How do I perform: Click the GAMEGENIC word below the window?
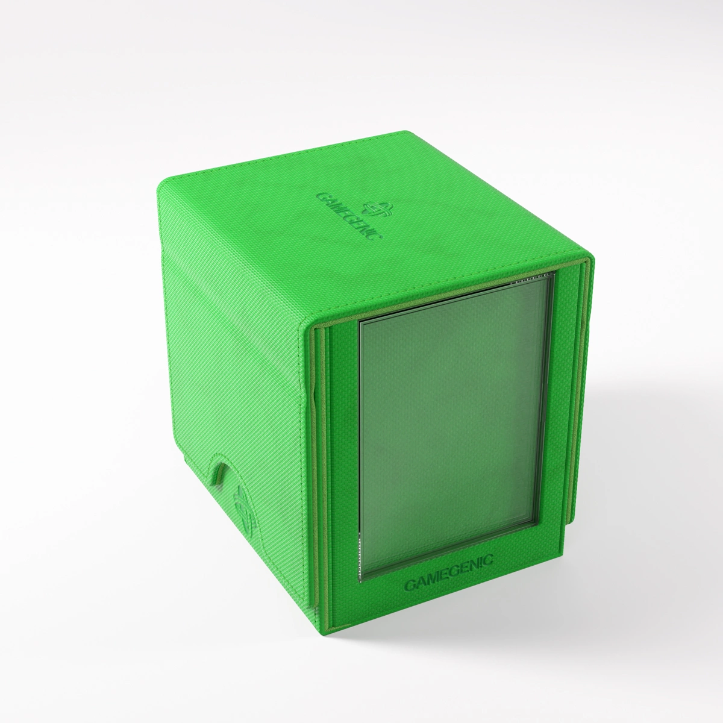pyautogui.click(x=448, y=567)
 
